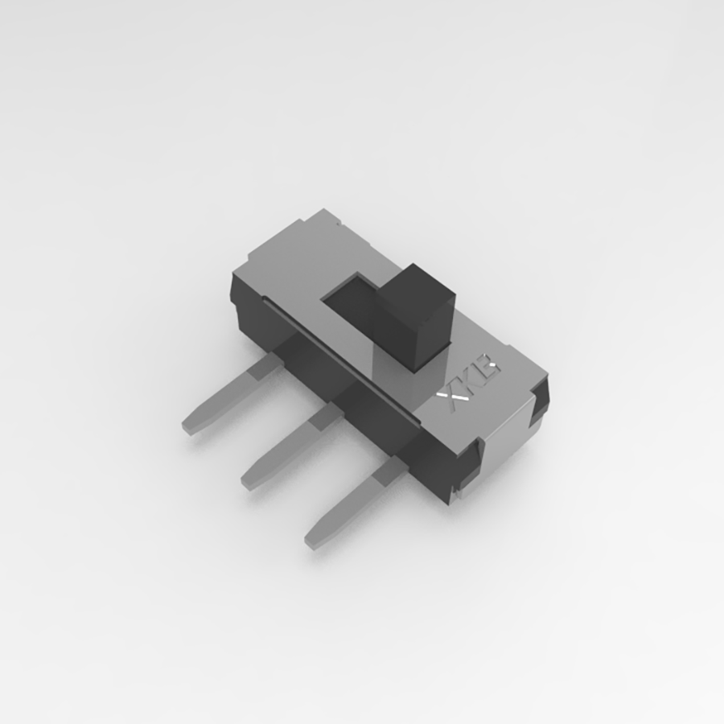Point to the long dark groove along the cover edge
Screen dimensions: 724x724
click(x=338, y=354)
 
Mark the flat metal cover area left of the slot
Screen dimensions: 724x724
click(x=290, y=265)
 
